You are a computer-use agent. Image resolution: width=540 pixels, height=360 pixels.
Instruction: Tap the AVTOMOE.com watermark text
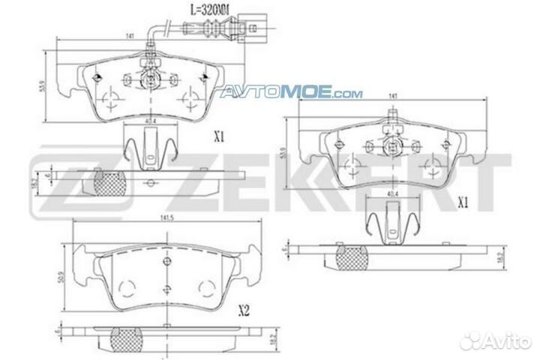click(291, 93)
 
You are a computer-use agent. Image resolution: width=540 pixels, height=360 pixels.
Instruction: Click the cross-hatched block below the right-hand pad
click(351, 256)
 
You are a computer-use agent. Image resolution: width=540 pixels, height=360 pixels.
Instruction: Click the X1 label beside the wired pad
click(220, 137)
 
